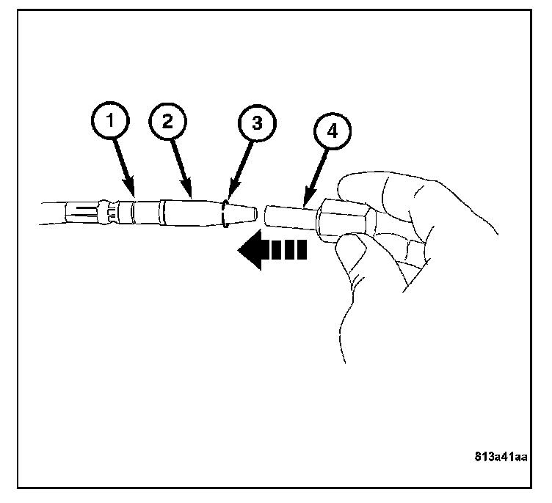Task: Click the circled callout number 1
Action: [110, 120]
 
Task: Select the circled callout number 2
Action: [167, 122]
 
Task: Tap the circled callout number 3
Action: [258, 123]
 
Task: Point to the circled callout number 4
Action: [333, 131]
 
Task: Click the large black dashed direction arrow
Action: [272, 250]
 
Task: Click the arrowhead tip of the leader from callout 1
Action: [134, 198]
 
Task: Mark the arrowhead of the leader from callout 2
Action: [192, 198]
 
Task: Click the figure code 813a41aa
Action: [501, 457]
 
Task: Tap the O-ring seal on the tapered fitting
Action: [225, 213]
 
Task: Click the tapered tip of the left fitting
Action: [243, 213]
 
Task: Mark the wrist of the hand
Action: [355, 334]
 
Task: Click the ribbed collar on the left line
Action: [109, 213]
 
